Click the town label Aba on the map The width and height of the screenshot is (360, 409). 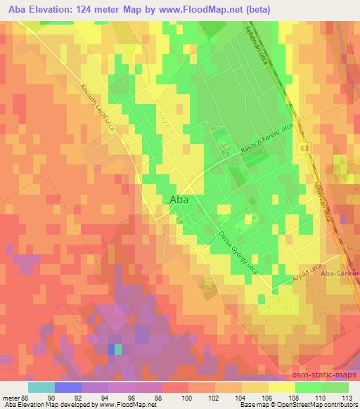(x=180, y=200)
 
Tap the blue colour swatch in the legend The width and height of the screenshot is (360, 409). (x=67, y=386)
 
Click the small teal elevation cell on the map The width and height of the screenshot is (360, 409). (x=117, y=349)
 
